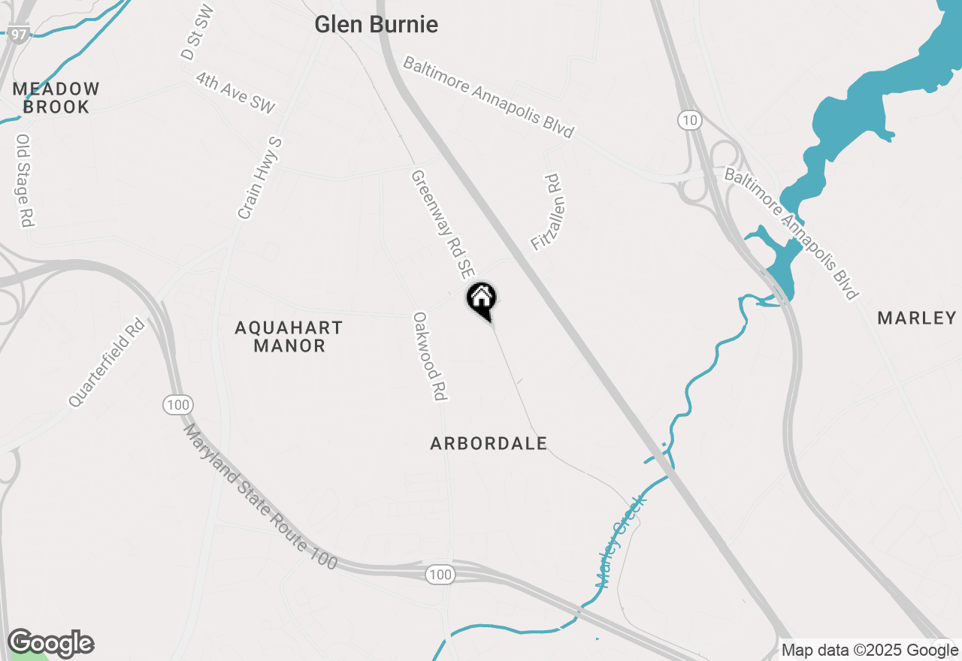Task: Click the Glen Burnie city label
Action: coord(376,24)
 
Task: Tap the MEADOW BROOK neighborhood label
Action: coord(56,98)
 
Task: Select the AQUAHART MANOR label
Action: coord(289,337)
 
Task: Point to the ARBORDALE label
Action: coord(489,444)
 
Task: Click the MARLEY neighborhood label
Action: coord(916,318)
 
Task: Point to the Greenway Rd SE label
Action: coord(443,223)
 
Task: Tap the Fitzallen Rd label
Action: coord(546,213)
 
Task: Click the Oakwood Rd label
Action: coord(431,356)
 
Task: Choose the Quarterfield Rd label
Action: coord(106,363)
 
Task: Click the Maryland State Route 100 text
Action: coord(259,497)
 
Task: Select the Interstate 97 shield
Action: coord(20,34)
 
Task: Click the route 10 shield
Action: coord(688,119)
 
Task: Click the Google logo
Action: coord(50,644)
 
